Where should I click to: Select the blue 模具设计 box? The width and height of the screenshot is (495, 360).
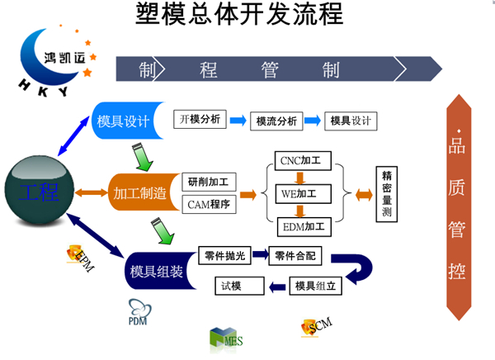coord(123,121)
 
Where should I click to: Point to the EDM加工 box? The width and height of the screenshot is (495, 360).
coord(301,225)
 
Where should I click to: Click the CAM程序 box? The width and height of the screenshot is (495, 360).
coord(209,204)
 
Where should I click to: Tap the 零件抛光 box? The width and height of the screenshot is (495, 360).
coord(224,256)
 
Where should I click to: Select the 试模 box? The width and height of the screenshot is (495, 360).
coord(238,286)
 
